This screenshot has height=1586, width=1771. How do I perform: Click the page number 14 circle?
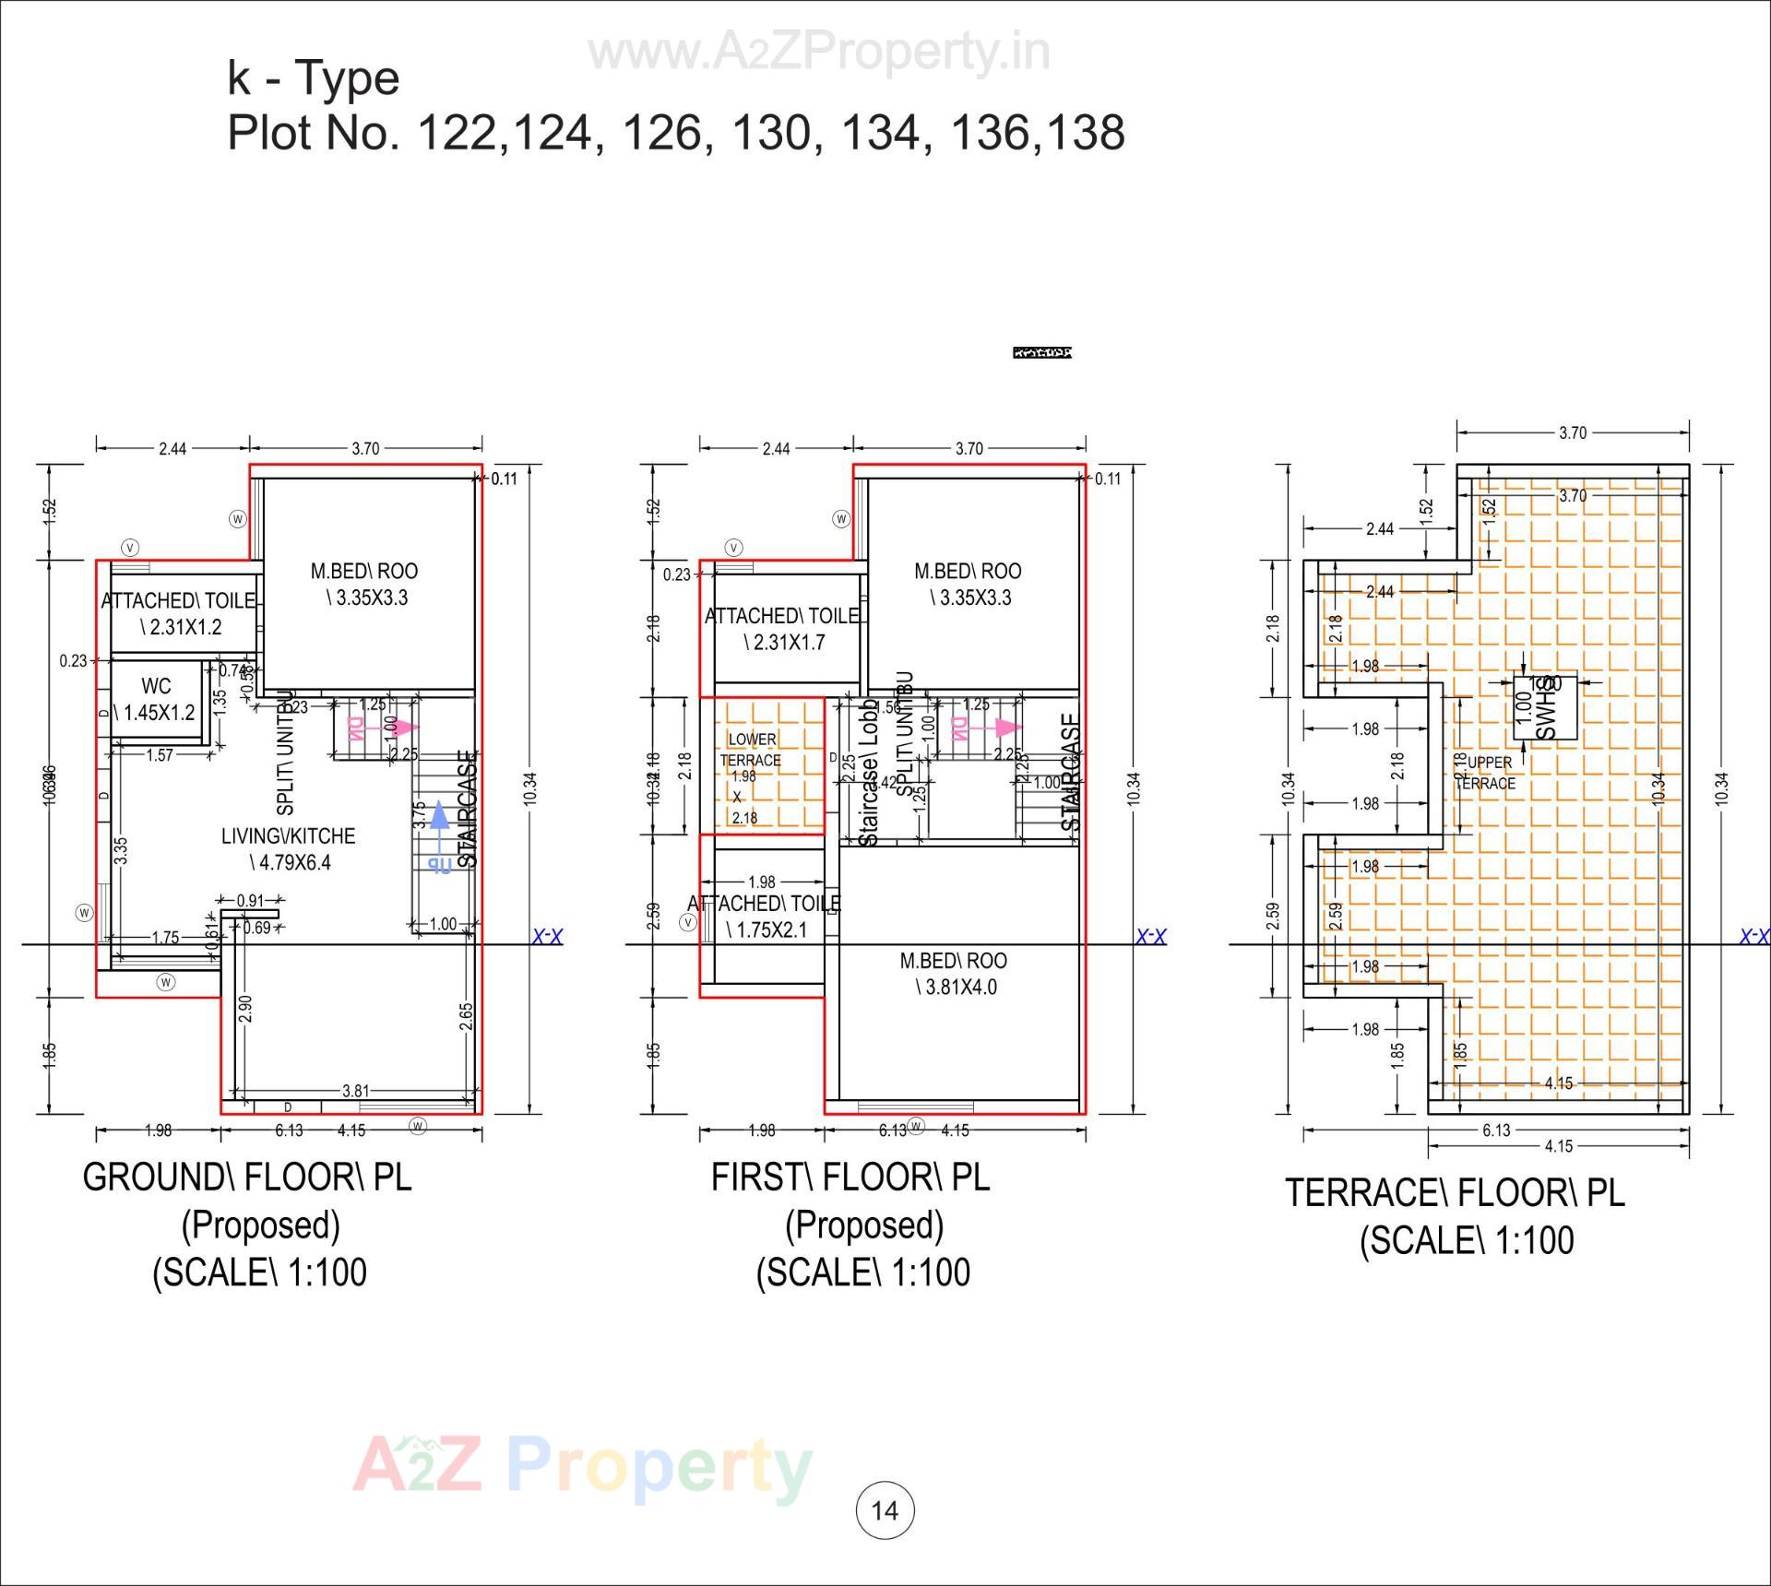click(x=885, y=1509)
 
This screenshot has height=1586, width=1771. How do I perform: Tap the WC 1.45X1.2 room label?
click(x=156, y=699)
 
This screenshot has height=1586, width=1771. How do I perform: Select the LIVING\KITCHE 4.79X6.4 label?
click(x=288, y=848)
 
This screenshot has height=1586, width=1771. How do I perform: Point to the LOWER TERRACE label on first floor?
click(x=752, y=750)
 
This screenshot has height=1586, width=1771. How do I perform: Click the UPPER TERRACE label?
click(x=1488, y=773)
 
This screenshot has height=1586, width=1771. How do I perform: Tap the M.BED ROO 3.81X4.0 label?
click(x=954, y=974)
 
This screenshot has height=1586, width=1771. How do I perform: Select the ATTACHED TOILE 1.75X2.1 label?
click(x=765, y=916)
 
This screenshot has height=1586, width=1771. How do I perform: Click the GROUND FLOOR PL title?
click(x=247, y=1178)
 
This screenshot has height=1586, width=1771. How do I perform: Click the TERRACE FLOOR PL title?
click(x=1455, y=1193)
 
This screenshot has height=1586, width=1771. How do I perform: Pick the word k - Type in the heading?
click(x=313, y=77)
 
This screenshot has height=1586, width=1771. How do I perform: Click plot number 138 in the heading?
click(x=1086, y=132)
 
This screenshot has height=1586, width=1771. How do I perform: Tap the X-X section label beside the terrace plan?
click(x=1753, y=937)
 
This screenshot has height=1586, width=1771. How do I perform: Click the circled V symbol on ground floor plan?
click(x=130, y=548)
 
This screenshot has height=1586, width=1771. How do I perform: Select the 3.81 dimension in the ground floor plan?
click(x=355, y=1091)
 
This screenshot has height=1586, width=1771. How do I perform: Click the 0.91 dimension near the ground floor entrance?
click(x=250, y=900)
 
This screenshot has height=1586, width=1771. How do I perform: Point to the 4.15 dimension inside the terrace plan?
click(x=1558, y=1083)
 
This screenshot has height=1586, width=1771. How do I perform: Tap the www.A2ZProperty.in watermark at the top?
click(x=818, y=53)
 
